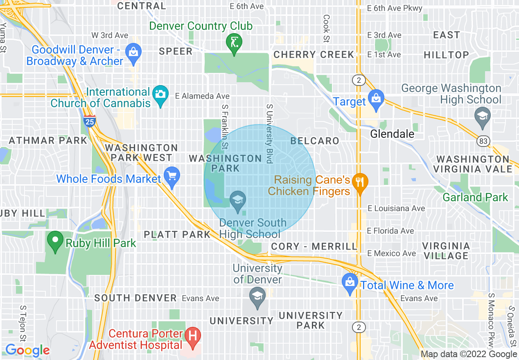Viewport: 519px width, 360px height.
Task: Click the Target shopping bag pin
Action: pyautogui.click(x=375, y=99)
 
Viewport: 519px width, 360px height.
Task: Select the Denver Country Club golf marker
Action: pyautogui.click(x=234, y=43)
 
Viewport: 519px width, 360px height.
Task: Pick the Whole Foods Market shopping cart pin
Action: pyautogui.click(x=171, y=177)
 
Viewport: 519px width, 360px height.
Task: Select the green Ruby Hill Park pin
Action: pyautogui.click(x=55, y=241)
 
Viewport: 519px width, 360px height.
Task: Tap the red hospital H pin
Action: pyautogui.click(x=192, y=337)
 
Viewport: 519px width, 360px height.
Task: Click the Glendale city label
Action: pyautogui.click(x=392, y=134)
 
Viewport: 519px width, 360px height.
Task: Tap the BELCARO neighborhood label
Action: pyautogui.click(x=315, y=141)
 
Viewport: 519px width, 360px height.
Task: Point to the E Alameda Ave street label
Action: pyautogui.click(x=202, y=96)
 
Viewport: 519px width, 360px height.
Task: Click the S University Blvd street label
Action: pyautogui.click(x=269, y=133)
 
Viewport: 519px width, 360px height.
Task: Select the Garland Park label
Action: pyautogui.click(x=475, y=197)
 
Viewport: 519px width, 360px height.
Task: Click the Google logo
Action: pyautogui.click(x=27, y=350)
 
